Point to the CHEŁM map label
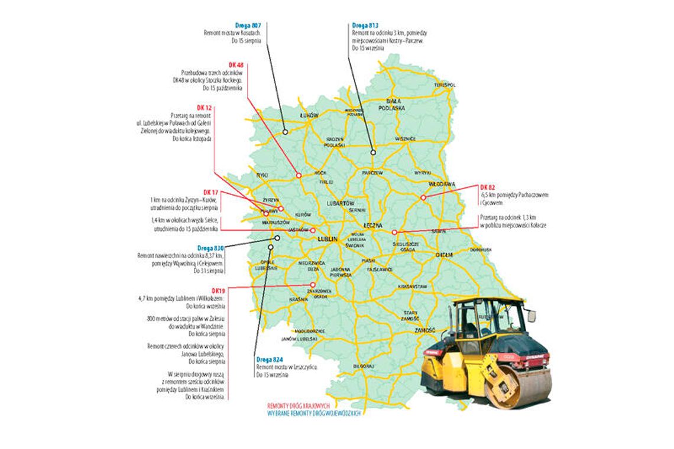(x=443, y=254)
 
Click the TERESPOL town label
(x=445, y=85)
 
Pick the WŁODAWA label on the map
(x=442, y=184)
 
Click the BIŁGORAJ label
(x=362, y=366)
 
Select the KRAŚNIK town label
(x=299, y=300)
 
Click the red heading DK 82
(x=488, y=187)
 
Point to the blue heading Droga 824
(x=270, y=359)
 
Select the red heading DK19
(x=218, y=291)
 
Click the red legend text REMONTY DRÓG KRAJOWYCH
(x=302, y=407)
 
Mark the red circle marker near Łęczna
(x=394, y=232)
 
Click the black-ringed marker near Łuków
(x=285, y=132)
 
